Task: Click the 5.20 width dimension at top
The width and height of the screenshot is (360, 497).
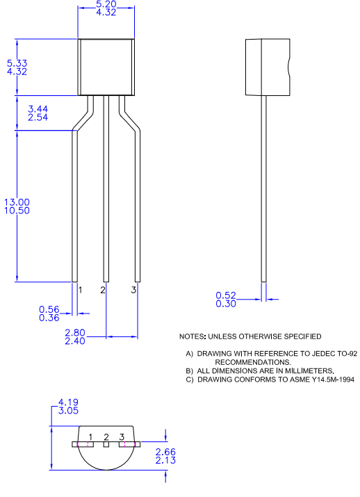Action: point(106,4)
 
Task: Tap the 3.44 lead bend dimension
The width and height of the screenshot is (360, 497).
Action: point(38,109)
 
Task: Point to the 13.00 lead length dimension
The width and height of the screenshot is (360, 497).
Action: point(17,202)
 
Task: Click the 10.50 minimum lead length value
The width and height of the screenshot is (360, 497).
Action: point(17,211)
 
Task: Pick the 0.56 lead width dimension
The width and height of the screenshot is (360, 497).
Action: point(49,309)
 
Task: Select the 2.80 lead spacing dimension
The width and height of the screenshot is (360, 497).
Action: point(74,332)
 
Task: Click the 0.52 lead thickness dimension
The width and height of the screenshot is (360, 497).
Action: point(226,295)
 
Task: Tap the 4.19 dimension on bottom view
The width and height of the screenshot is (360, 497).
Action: point(70,402)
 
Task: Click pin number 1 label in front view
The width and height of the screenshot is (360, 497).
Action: point(81,290)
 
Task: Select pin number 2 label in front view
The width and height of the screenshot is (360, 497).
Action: point(103,290)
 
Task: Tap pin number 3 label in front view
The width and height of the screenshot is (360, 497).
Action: point(133,290)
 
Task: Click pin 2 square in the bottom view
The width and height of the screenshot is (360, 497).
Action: point(106,444)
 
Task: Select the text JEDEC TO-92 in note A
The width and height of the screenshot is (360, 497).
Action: point(330,353)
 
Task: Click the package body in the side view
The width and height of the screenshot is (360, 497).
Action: point(267,67)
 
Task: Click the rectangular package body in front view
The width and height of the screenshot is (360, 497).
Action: point(106,67)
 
